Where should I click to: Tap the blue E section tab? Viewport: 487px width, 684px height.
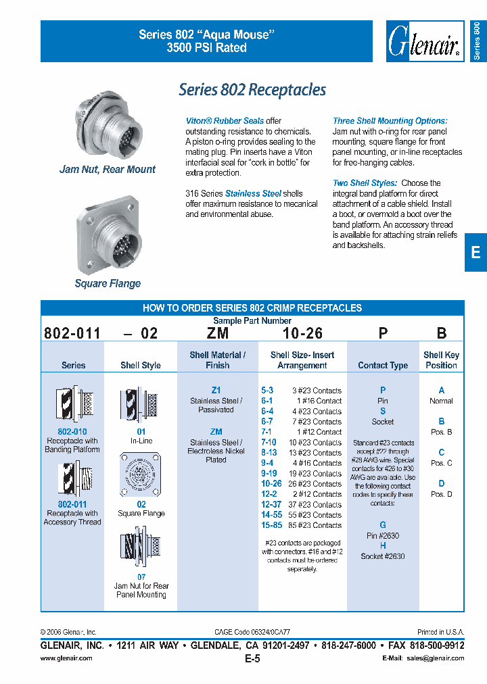476,252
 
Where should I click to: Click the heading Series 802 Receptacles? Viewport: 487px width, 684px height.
252,90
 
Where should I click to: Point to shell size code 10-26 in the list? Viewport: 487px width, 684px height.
271,484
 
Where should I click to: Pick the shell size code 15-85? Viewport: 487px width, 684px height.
271,525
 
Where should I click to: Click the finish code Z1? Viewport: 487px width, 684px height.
216,391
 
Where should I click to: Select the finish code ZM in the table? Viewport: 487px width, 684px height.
216,432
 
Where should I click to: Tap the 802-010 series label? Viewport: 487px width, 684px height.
72,431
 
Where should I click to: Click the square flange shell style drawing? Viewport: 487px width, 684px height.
141,475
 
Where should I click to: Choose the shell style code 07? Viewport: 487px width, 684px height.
141,577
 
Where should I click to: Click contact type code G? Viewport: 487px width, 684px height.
383,525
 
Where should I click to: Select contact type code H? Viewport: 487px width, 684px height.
383,546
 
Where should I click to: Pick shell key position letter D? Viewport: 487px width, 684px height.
441,484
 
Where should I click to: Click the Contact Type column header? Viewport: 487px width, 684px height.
383,365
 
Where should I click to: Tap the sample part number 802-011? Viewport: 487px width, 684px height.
72,333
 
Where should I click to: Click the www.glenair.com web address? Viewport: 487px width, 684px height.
66,658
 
